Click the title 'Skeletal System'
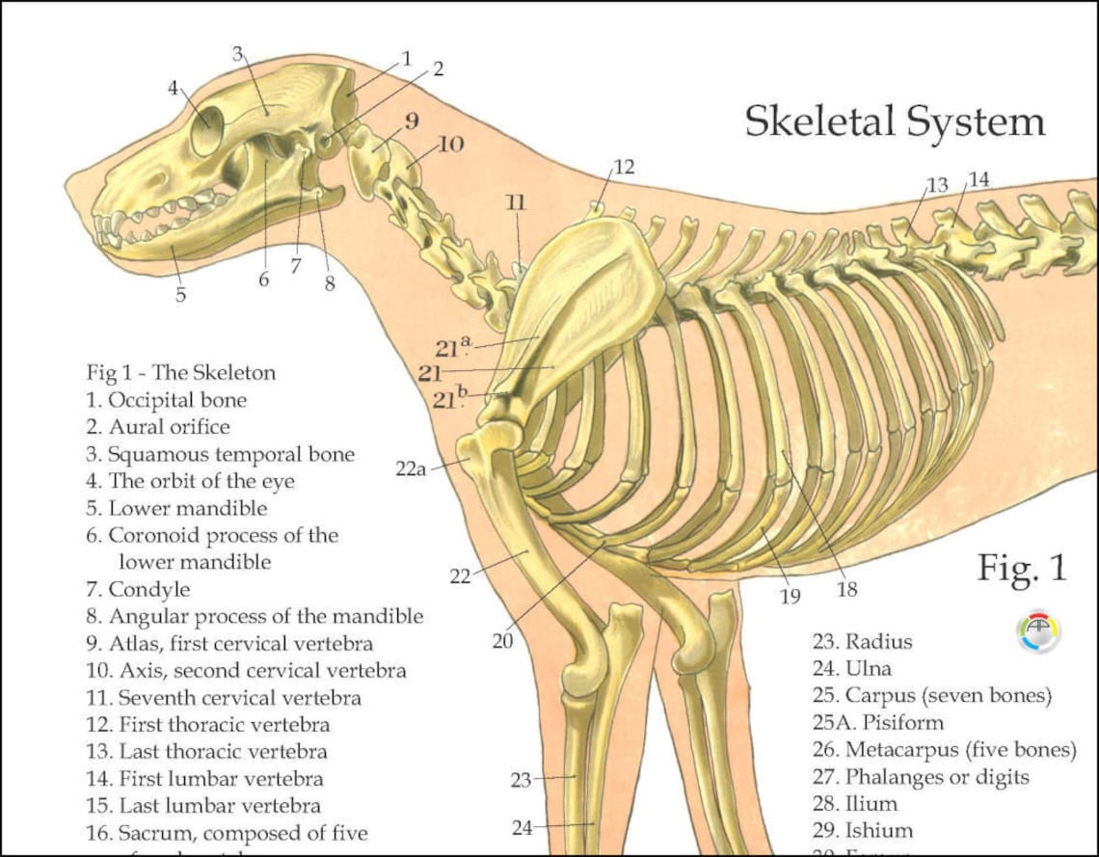[895, 121]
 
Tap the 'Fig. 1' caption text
[1022, 568]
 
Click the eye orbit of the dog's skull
[207, 131]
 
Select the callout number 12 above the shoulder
[624, 167]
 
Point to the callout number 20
[502, 640]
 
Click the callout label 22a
[411, 469]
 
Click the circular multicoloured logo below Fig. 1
[1038, 631]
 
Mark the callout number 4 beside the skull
[174, 88]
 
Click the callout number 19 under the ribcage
[790, 597]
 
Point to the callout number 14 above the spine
[978, 179]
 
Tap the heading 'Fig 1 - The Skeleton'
[181, 372]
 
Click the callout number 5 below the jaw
[180, 295]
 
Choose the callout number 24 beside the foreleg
[522, 826]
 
